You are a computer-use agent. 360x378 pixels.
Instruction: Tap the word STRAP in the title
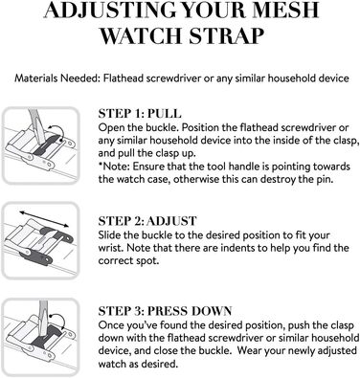click(226, 35)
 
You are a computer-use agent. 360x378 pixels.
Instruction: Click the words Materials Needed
click(57, 78)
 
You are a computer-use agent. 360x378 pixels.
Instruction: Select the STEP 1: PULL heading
click(140, 114)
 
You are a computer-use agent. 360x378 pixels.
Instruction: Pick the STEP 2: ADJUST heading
click(147, 221)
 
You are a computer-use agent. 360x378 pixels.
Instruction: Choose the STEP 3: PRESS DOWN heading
click(165, 311)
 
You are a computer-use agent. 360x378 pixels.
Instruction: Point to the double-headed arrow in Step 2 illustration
click(44, 218)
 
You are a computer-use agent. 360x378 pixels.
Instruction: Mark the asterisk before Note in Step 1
click(101, 165)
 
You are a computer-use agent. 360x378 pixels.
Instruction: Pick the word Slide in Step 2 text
click(108, 235)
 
